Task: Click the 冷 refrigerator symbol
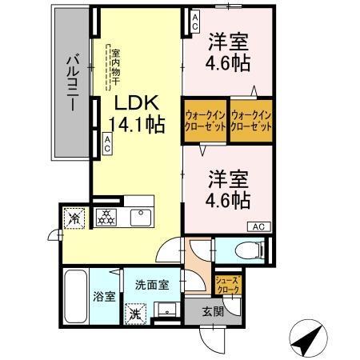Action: click(74, 217)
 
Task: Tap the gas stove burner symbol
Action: click(106, 216)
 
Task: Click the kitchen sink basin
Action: click(141, 218)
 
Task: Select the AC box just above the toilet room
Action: click(258, 227)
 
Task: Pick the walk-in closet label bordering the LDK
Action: click(206, 122)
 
